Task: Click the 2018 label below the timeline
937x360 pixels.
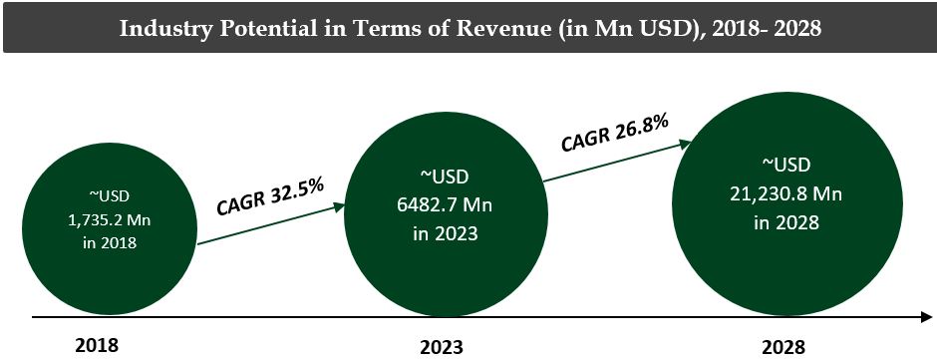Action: tap(97, 345)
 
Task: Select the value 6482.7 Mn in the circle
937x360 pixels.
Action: tap(440, 204)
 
